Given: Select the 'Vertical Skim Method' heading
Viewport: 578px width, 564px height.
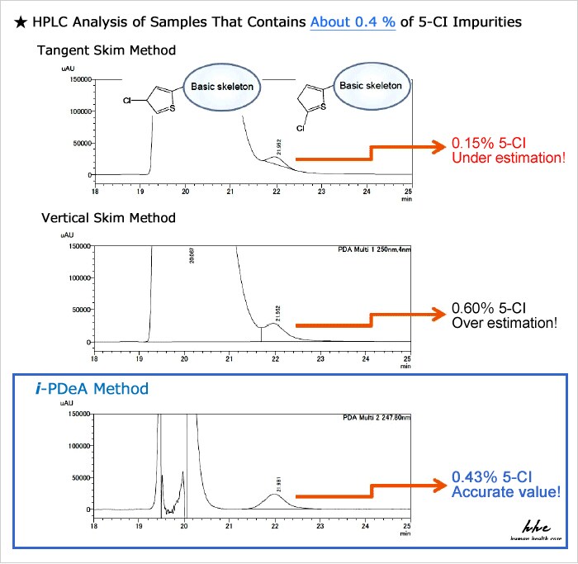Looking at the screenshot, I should point(108,218).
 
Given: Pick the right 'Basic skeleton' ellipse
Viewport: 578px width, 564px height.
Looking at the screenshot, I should point(371,85).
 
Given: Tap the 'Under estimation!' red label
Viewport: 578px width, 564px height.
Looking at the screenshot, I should point(504,156).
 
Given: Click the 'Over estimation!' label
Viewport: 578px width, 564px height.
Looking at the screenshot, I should point(504,322).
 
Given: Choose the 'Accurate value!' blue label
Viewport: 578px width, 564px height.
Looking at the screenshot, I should point(505,493).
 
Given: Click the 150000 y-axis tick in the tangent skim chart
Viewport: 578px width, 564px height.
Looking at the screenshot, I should point(80,79).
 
